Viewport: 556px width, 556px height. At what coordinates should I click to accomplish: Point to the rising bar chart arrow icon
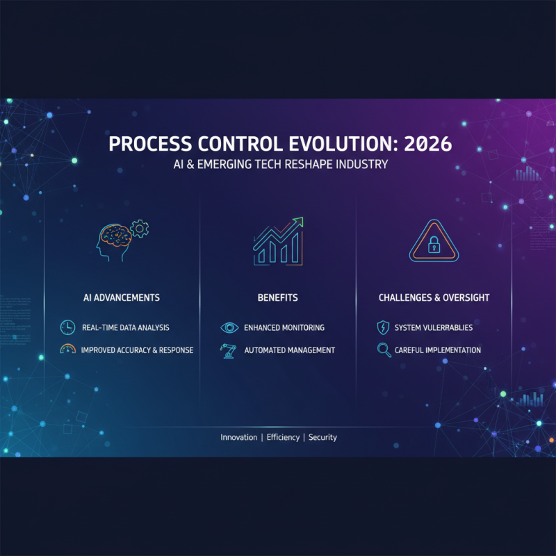pyautogui.click(x=278, y=240)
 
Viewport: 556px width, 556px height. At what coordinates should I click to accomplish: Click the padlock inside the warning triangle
pyautogui.click(x=433, y=245)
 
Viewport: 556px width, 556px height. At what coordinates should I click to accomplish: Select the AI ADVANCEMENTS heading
pyautogui.click(x=121, y=297)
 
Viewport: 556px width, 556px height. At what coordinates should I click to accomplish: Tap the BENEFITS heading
pyautogui.click(x=277, y=297)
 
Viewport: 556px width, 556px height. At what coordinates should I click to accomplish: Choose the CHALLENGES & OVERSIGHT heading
pyautogui.click(x=434, y=297)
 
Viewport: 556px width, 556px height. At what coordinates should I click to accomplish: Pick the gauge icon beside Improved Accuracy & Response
pyautogui.click(x=67, y=350)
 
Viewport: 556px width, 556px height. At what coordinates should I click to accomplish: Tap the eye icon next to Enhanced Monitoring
pyautogui.click(x=229, y=327)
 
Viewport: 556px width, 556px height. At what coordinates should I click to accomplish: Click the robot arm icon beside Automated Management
pyautogui.click(x=228, y=350)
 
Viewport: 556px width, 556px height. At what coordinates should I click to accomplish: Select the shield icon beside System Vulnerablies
pyautogui.click(x=383, y=327)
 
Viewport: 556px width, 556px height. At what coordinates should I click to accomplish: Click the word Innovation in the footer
pyautogui.click(x=238, y=437)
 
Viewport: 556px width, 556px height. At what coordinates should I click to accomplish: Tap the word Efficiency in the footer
pyautogui.click(x=282, y=437)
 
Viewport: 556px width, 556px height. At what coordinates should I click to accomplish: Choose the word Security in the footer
pyautogui.click(x=322, y=437)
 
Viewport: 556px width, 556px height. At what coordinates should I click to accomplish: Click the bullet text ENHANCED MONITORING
pyautogui.click(x=284, y=327)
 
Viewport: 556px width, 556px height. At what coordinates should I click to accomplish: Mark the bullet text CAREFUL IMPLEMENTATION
pyautogui.click(x=437, y=350)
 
